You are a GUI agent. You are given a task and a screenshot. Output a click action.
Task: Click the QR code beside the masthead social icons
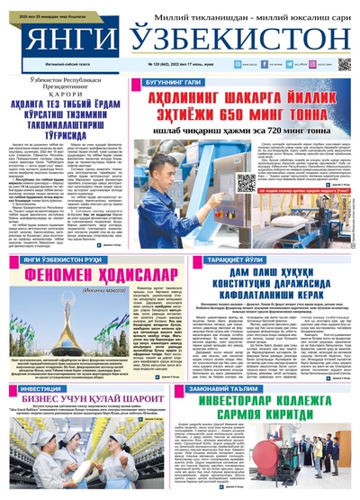coord(344,64)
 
